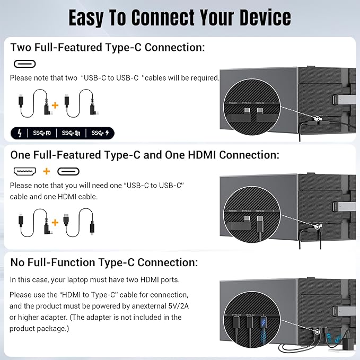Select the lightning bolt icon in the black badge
click(20, 133)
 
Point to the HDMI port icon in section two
click(25, 171)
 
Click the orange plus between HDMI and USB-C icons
click(47, 171)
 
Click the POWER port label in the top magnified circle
click(233, 102)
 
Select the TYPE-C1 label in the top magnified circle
click(246, 102)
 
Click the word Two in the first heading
click(21, 47)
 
